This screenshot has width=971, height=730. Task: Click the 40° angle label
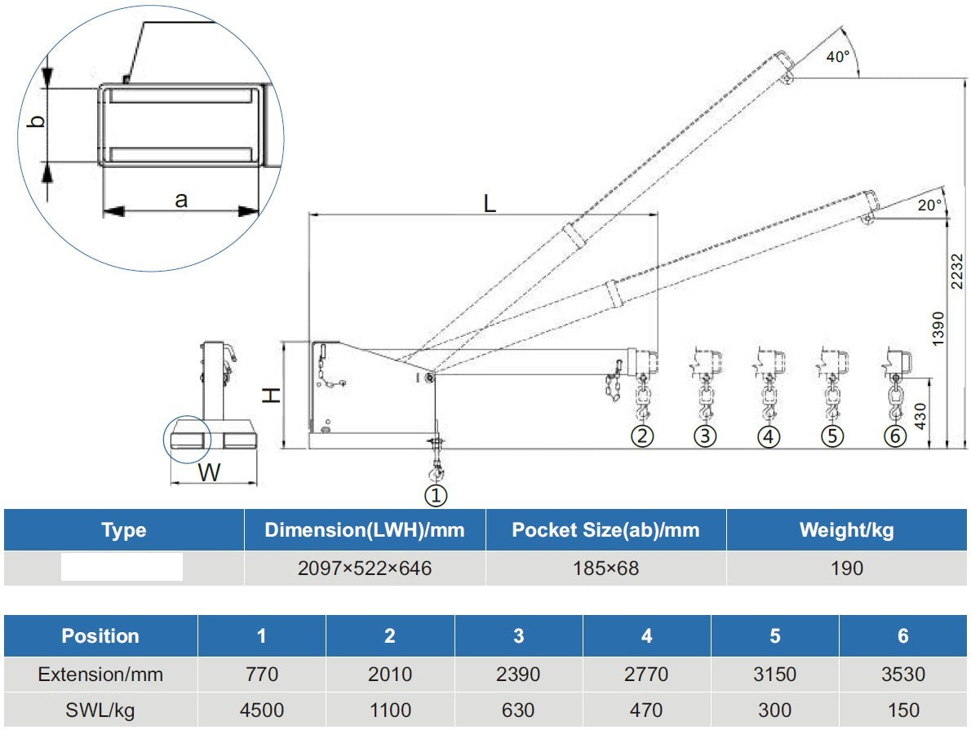(x=837, y=57)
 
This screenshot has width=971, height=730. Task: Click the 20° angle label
(x=929, y=206)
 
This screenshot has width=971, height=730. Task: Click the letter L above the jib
(x=489, y=204)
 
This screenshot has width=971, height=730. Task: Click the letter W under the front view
(x=210, y=471)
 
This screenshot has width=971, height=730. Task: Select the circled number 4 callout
(x=768, y=436)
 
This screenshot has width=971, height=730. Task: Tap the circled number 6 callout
(x=894, y=436)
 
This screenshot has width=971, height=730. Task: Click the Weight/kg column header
(x=846, y=530)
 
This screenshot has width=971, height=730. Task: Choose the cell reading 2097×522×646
(x=364, y=568)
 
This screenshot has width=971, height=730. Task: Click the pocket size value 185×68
(x=605, y=568)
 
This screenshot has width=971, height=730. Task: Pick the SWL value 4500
(x=261, y=710)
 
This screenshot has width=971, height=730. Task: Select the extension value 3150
(x=774, y=675)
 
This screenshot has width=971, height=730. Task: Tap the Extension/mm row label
(x=100, y=675)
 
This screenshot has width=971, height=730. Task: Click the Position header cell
(x=100, y=636)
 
